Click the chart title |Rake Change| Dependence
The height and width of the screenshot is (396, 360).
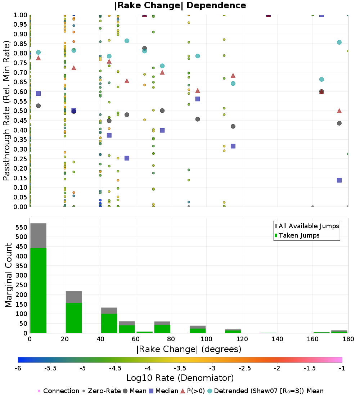pyautogui.click(x=180, y=5)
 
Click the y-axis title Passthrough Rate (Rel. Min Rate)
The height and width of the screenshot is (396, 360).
pyautogui.click(x=6, y=111)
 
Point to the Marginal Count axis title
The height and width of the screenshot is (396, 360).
pyautogui.click(x=8, y=275)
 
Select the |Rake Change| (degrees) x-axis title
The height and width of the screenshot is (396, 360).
pyautogui.click(x=189, y=349)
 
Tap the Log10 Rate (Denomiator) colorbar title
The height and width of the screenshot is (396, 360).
pyautogui.click(x=180, y=378)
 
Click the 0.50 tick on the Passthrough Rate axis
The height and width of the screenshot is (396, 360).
pyautogui.click(x=20, y=111)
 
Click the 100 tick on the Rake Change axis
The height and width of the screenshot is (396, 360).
pyautogui.click(x=207, y=339)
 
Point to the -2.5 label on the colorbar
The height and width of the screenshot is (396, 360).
pyautogui.click(x=245, y=369)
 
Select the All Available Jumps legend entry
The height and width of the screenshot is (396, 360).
pyautogui.click(x=307, y=226)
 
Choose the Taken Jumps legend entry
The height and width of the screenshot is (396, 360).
pyautogui.click(x=297, y=235)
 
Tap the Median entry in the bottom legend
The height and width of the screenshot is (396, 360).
pyautogui.click(x=163, y=391)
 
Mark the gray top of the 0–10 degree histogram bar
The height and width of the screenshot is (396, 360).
pyautogui.click(x=39, y=236)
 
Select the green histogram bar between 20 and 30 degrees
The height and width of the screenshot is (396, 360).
pyautogui.click(x=74, y=318)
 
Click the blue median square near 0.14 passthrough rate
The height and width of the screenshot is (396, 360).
pyautogui.click(x=339, y=180)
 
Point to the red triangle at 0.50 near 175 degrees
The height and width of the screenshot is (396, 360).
pyautogui.click(x=339, y=111)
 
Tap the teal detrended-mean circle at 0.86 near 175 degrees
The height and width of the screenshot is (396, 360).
pyautogui.click(x=339, y=42)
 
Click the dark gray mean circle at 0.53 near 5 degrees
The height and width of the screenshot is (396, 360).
pyautogui.click(x=39, y=106)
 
